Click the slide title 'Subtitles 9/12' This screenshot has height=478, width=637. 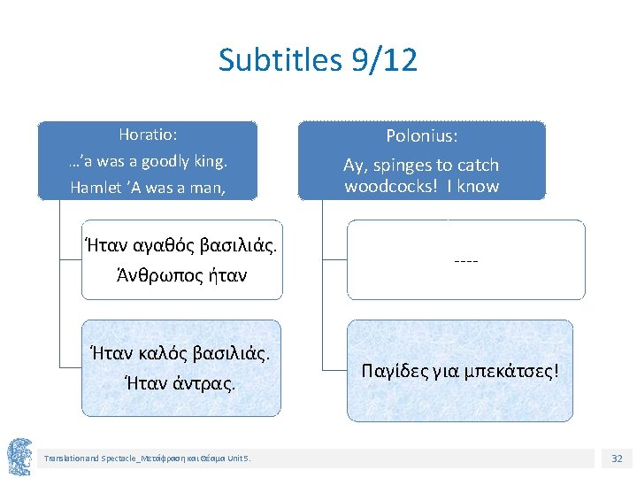pyautogui.click(x=318, y=60)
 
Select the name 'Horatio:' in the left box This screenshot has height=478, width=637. pyautogui.click(x=148, y=135)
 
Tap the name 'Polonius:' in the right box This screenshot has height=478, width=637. pyautogui.click(x=422, y=136)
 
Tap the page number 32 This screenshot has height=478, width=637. pyautogui.click(x=616, y=458)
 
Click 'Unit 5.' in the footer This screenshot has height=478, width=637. pyautogui.click(x=238, y=459)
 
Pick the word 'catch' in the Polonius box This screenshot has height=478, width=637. pyautogui.click(x=478, y=166)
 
